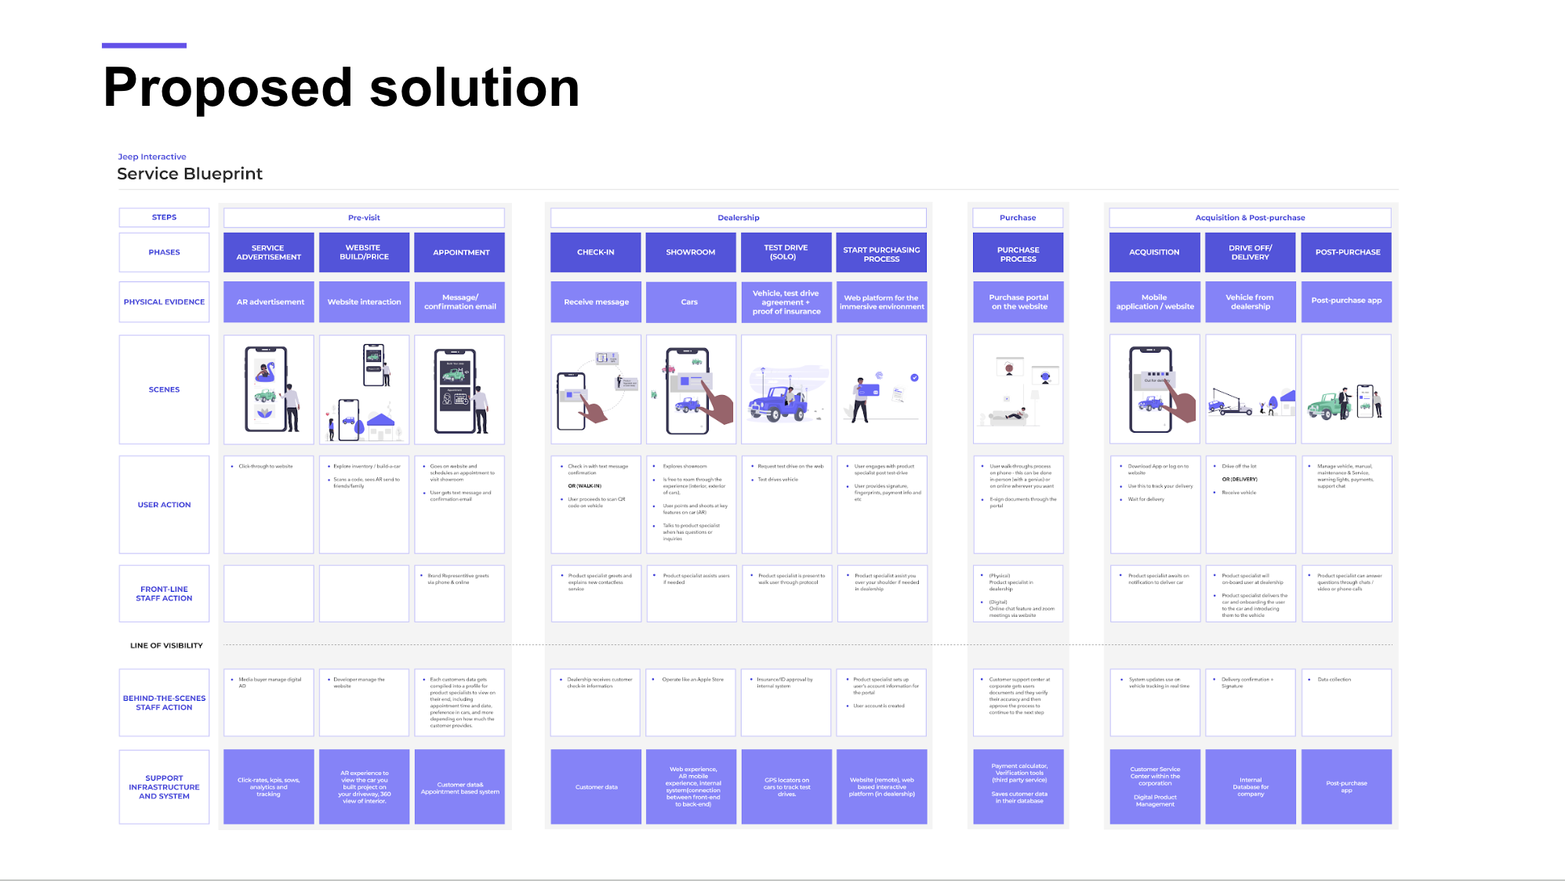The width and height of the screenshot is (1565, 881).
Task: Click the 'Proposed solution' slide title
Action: [x=341, y=87]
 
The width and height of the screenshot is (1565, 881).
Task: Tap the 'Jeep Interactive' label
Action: [x=152, y=157]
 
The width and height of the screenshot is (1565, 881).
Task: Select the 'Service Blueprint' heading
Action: [x=190, y=174]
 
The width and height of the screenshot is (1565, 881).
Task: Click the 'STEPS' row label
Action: [x=164, y=217]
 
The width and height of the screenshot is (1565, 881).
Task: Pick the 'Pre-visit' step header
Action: [x=364, y=218]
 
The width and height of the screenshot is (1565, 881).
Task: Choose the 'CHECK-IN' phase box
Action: [x=596, y=252]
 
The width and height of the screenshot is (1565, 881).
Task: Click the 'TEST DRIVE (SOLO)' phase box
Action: [x=786, y=252]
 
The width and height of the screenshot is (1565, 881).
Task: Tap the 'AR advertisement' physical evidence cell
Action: [x=269, y=302]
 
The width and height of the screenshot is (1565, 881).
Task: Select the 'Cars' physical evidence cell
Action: [x=690, y=302]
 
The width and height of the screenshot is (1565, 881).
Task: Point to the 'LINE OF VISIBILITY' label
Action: [x=166, y=646]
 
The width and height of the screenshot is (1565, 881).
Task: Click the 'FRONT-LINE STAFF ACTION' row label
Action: [x=164, y=593]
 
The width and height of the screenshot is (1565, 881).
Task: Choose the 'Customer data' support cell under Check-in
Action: [x=596, y=787]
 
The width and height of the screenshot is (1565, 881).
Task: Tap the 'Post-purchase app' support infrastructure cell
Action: [x=1346, y=787]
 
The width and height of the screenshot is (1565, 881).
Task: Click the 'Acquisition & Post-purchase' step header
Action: [x=1250, y=218]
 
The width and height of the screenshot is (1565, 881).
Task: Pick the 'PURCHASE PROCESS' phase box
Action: [x=1018, y=252]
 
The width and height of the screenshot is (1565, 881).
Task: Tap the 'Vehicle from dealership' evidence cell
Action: [x=1250, y=302]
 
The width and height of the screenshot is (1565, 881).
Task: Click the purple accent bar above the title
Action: [x=144, y=45]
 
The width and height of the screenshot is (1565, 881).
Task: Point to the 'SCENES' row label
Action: [x=164, y=390]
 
